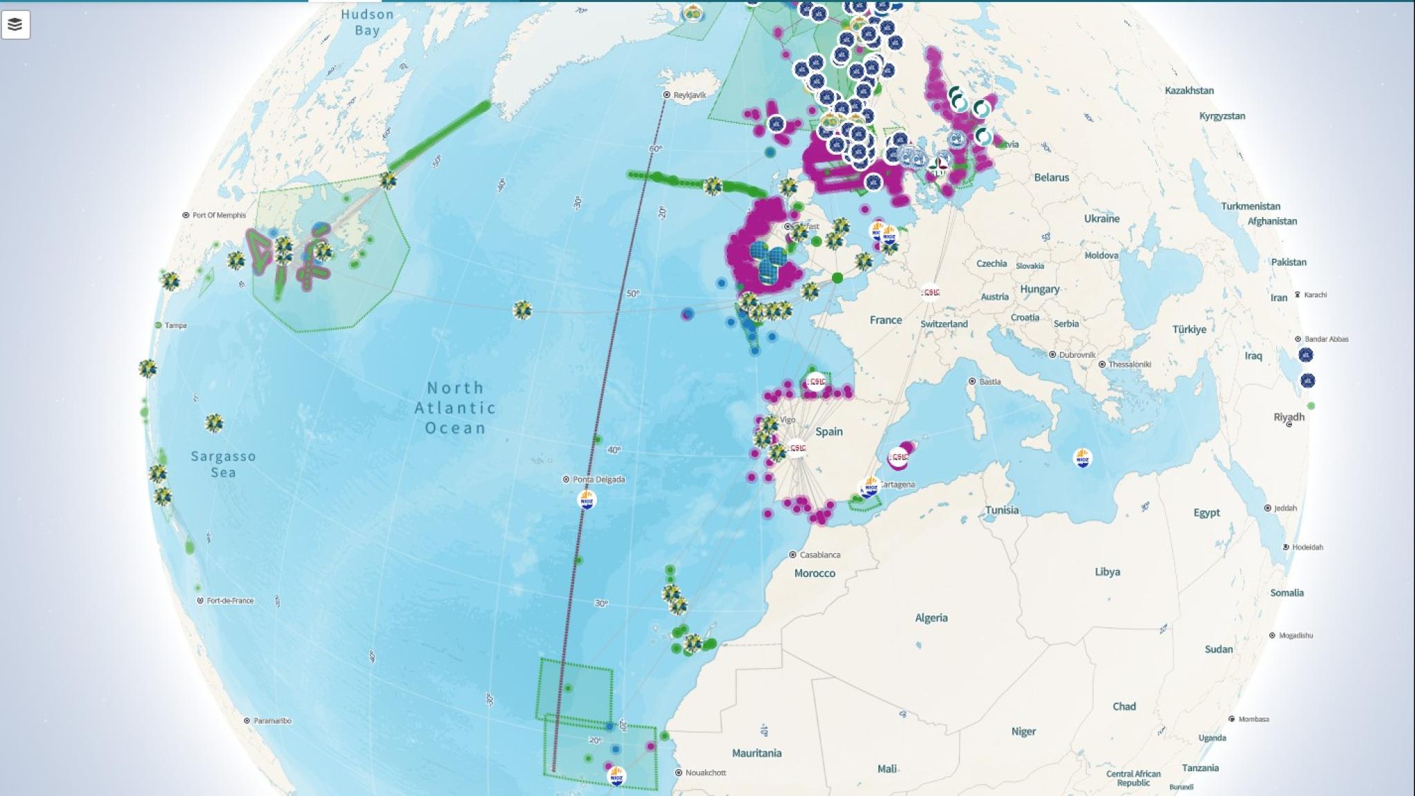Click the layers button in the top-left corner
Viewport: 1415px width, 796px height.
coord(15,25)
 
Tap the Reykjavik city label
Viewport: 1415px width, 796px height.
coord(689,95)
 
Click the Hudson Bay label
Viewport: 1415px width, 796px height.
coord(367,22)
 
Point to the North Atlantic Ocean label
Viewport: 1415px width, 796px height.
coord(455,408)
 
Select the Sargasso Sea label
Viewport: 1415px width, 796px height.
coord(223,464)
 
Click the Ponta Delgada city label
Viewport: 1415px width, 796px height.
coord(598,480)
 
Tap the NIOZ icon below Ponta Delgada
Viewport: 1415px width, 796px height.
coord(587,500)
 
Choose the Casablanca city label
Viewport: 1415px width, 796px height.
coord(819,555)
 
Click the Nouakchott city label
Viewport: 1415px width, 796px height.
coord(705,773)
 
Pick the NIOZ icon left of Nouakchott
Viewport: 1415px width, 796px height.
coord(616,776)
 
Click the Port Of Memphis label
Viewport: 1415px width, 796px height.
coord(218,215)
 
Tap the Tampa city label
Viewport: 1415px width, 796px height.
coord(175,325)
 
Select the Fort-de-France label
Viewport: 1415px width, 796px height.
coord(229,600)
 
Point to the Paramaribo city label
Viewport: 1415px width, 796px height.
coord(272,721)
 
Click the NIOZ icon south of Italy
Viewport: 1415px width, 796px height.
coord(1082,457)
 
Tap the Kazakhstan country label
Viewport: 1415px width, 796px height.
coord(1189,91)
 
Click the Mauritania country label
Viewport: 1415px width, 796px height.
coord(757,753)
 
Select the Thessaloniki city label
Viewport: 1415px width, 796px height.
coord(1130,364)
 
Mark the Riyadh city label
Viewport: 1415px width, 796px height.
coord(1289,417)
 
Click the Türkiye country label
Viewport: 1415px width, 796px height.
coord(1189,330)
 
